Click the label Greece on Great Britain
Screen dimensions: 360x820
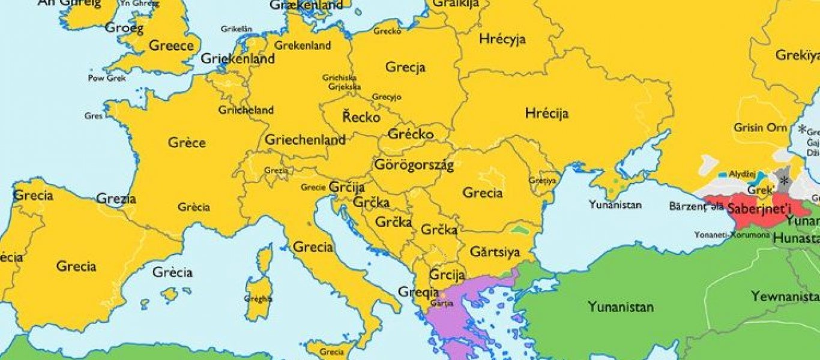pyautogui.click(x=171, y=46)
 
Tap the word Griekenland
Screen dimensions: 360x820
pyautogui.click(x=238, y=59)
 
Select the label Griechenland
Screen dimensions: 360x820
pyautogui.click(x=305, y=140)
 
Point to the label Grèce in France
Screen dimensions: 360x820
pyautogui.click(x=187, y=143)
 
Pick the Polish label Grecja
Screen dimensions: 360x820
pyautogui.click(x=406, y=67)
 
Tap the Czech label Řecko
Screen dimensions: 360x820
pyautogui.click(x=361, y=116)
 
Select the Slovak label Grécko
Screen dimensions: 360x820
pyautogui.click(x=411, y=134)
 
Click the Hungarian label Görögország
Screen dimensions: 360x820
pyautogui.click(x=414, y=164)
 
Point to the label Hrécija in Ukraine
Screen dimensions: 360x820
pyautogui.click(x=546, y=113)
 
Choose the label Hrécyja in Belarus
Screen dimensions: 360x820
pyautogui.click(x=502, y=40)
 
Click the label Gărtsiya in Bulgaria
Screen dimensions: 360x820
pyautogui.click(x=495, y=251)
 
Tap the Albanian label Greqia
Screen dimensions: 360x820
pyautogui.click(x=418, y=292)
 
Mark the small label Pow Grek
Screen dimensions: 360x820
pyautogui.click(x=107, y=78)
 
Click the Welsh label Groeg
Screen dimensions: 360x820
pyautogui.click(x=124, y=28)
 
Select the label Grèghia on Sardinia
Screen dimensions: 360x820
pyautogui.click(x=258, y=298)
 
